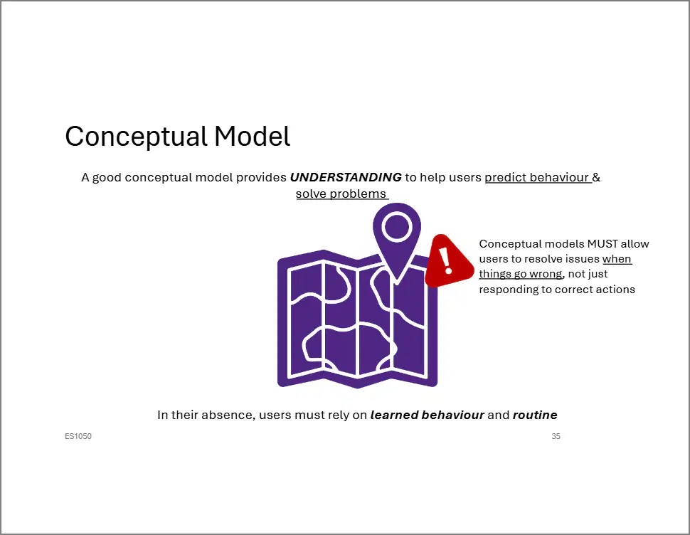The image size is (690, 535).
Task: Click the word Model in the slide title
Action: coord(252,136)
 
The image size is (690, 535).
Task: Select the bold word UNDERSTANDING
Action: coord(346,177)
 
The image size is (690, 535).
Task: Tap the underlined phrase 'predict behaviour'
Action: coord(537,177)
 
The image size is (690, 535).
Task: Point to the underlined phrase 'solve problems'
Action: coord(341,194)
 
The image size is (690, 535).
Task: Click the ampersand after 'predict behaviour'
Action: coord(596,177)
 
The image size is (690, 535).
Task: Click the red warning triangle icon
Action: coord(448,261)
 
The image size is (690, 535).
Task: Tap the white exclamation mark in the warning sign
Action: coord(446,260)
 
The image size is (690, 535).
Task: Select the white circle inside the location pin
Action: coord(397,226)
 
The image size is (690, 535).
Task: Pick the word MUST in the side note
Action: coord(603,244)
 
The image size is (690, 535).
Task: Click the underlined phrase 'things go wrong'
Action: coord(521,274)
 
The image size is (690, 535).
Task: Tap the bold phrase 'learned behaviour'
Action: coord(428,415)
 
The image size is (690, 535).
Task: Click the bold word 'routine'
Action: coord(535,415)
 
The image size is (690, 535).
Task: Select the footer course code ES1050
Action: coord(78,436)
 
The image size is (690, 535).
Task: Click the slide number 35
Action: coord(556,436)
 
